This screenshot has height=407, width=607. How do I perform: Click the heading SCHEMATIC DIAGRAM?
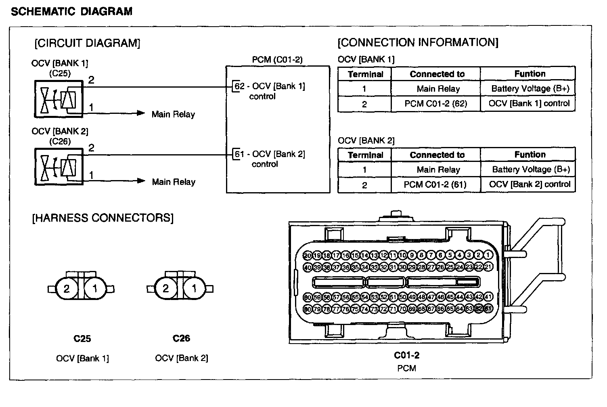(x=71, y=11)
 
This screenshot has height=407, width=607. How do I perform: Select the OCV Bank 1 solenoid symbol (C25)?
(x=59, y=99)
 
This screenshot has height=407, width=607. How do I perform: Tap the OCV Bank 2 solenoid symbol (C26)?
(x=59, y=167)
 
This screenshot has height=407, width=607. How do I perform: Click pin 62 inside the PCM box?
(x=239, y=86)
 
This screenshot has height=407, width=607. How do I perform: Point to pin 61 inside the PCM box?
(x=239, y=154)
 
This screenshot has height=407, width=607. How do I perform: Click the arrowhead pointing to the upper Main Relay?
(x=141, y=113)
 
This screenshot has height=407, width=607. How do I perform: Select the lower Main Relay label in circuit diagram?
(x=174, y=182)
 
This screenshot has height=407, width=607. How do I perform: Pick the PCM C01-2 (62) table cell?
(x=435, y=104)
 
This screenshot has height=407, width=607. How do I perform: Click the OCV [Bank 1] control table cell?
(x=529, y=103)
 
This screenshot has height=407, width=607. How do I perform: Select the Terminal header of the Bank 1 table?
(x=365, y=74)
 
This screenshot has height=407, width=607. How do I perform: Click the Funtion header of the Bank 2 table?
(x=530, y=155)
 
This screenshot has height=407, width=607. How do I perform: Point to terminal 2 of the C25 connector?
(x=67, y=289)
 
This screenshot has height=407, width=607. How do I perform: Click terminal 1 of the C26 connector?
(x=195, y=289)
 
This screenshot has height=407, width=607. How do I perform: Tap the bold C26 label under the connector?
(x=181, y=338)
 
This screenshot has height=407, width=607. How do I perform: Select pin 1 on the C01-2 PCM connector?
(x=488, y=255)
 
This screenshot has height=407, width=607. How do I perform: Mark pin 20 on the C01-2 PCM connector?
(x=308, y=256)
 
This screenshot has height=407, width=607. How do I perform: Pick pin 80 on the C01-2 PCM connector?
(x=308, y=309)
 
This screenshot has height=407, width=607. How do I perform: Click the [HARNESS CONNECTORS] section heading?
(x=103, y=218)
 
